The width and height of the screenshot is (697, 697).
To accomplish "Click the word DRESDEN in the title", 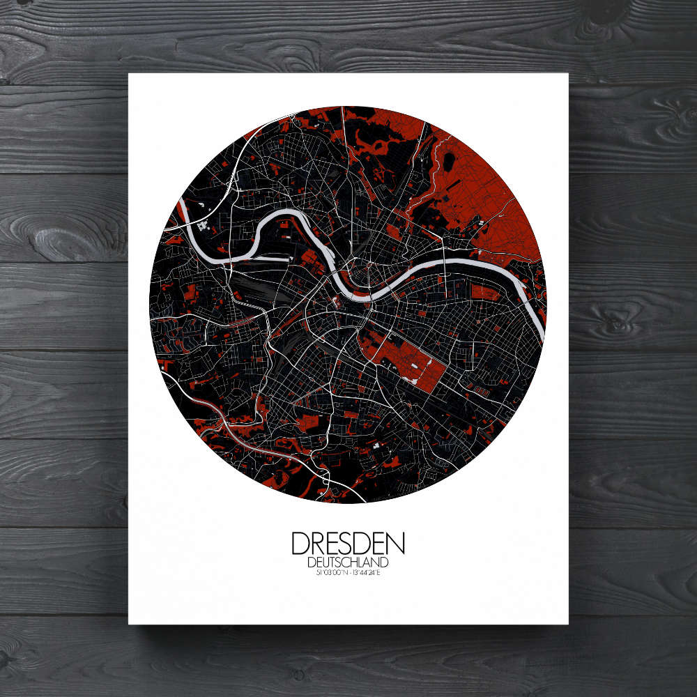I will (348, 544).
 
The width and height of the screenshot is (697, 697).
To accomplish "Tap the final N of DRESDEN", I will (396, 544).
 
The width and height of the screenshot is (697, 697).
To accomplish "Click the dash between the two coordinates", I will (348, 573).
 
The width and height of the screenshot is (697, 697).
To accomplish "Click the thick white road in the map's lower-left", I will (230, 425).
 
